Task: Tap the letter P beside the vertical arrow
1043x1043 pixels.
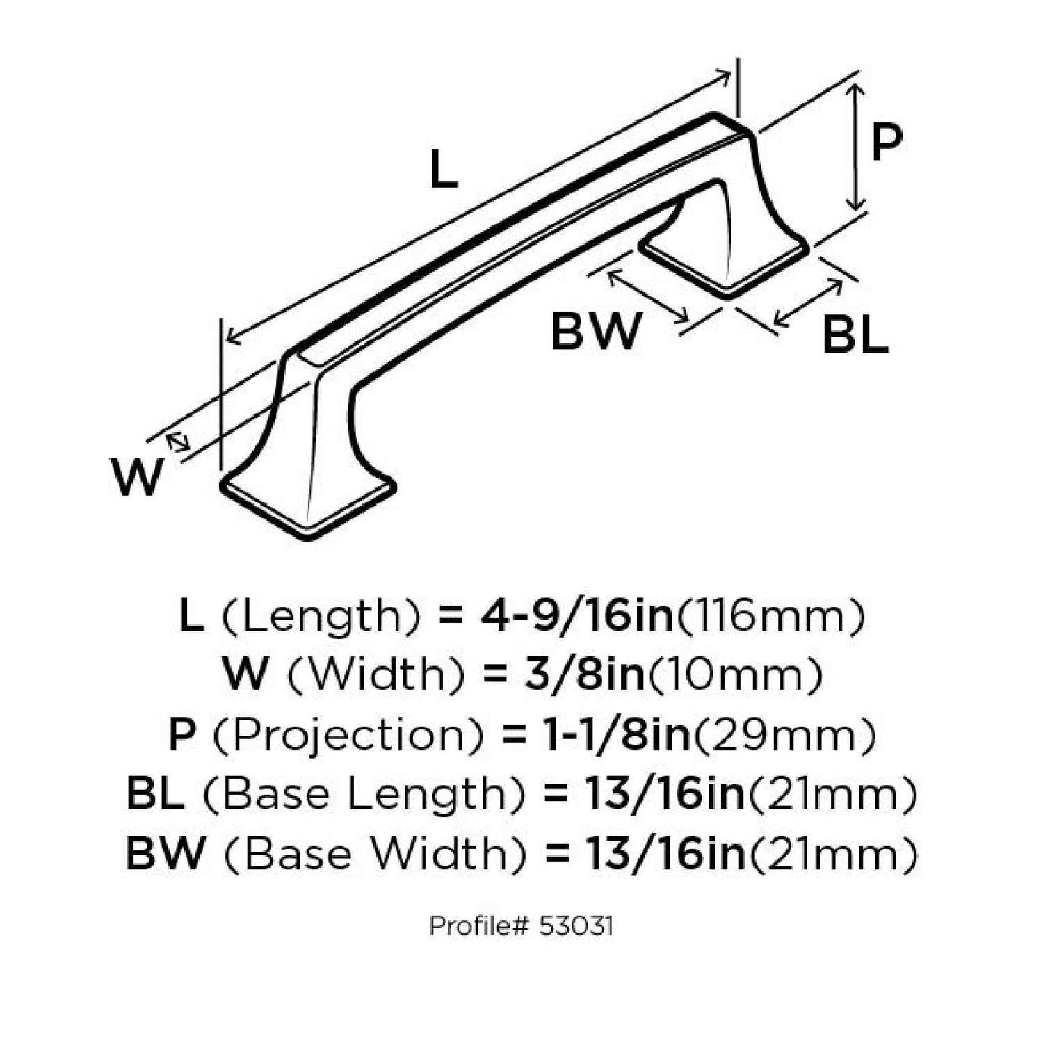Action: [x=887, y=143]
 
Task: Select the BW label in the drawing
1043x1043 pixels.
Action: [x=595, y=331]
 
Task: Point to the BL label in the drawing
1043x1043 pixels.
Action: [x=855, y=335]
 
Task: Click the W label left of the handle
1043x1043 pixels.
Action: [x=137, y=477]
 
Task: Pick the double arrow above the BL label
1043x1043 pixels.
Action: [x=808, y=302]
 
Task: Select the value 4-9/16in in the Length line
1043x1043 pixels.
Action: [x=576, y=616]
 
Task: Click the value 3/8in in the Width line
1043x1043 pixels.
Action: [x=584, y=674]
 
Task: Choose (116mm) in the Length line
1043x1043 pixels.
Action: [x=770, y=616]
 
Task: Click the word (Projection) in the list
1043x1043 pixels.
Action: [x=347, y=735]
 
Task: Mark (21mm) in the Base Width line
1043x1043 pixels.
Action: [x=832, y=854]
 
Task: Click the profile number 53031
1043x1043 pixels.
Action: [x=575, y=927]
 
